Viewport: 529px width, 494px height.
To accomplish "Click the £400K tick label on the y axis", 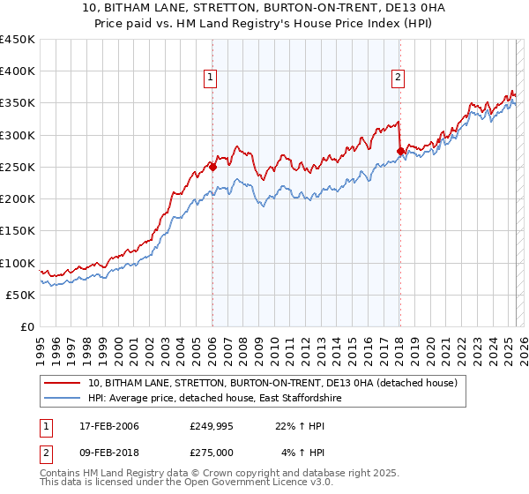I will pyautogui.click(x=17, y=71).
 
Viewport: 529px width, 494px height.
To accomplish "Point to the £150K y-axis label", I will pyautogui.click(x=17, y=231).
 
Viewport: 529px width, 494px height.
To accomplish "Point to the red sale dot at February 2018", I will pyautogui.click(x=399, y=151).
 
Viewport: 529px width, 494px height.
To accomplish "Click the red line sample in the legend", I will pyautogui.click(x=63, y=384).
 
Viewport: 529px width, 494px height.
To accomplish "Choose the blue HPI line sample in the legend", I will pyautogui.click(x=63, y=399).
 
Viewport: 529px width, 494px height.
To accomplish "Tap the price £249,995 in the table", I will pyautogui.click(x=210, y=426).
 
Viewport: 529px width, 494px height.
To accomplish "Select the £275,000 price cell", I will pyautogui.click(x=210, y=453).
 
